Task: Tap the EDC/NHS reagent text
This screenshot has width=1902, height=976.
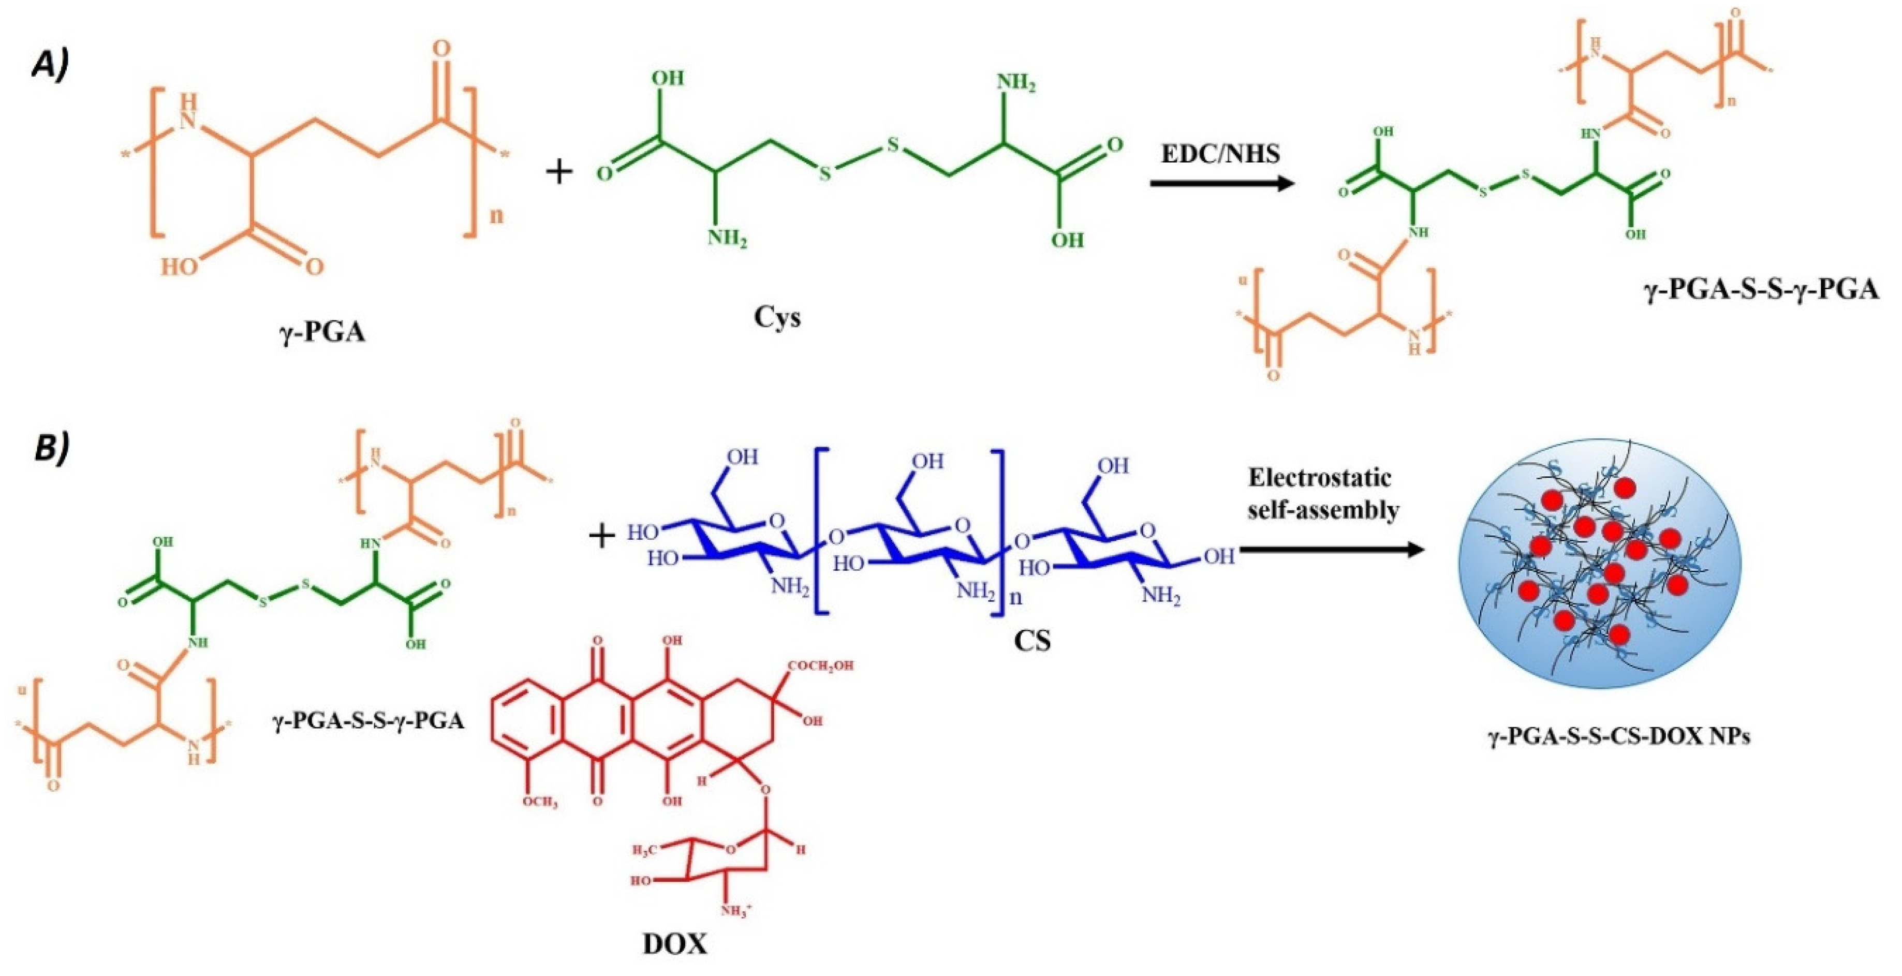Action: coord(1220,154)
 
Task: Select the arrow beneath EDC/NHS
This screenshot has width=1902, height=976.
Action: coord(1222,182)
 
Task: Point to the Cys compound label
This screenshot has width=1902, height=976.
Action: coord(777,317)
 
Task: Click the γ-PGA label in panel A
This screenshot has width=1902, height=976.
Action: coord(322,332)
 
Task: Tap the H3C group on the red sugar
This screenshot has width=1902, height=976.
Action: coord(644,850)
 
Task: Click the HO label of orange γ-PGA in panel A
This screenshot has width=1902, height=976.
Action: coord(180,266)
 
